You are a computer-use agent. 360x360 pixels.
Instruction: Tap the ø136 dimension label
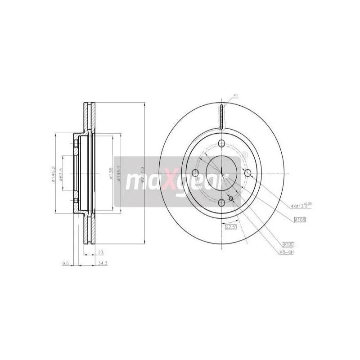tap(111, 173)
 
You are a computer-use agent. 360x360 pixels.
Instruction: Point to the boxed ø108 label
tap(300, 220)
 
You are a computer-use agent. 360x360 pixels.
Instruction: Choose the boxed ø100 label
tap(288, 243)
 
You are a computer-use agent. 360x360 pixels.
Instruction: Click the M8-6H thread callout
tap(286, 252)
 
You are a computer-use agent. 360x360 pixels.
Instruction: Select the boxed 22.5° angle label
tap(231, 227)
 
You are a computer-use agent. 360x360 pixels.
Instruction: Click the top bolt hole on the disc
tap(222, 144)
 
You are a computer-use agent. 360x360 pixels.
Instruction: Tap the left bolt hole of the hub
tap(194, 173)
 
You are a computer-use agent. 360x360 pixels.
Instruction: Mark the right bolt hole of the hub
tap(248, 173)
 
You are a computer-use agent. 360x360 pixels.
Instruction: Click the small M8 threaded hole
tap(231, 198)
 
